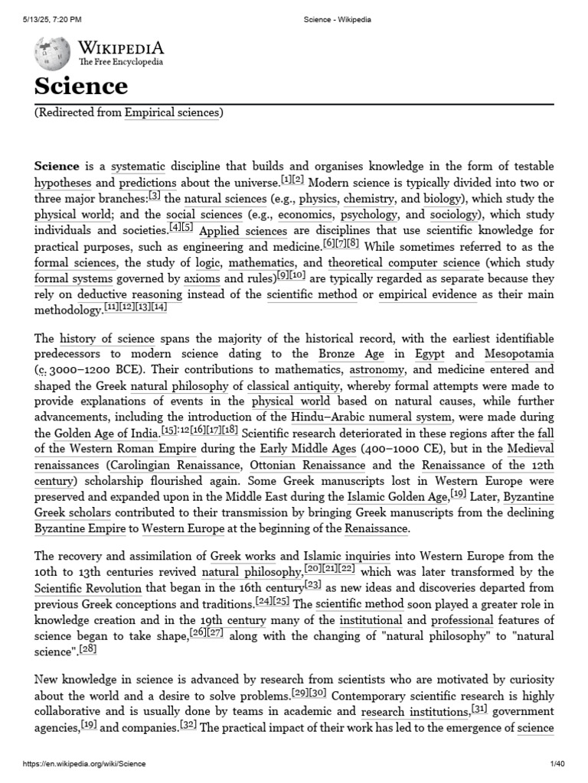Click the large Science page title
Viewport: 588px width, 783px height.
[x=80, y=86]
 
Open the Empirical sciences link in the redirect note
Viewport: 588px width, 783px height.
[x=172, y=113]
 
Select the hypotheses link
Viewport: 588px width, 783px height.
[x=63, y=184]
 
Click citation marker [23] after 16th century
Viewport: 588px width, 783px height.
[x=312, y=586]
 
